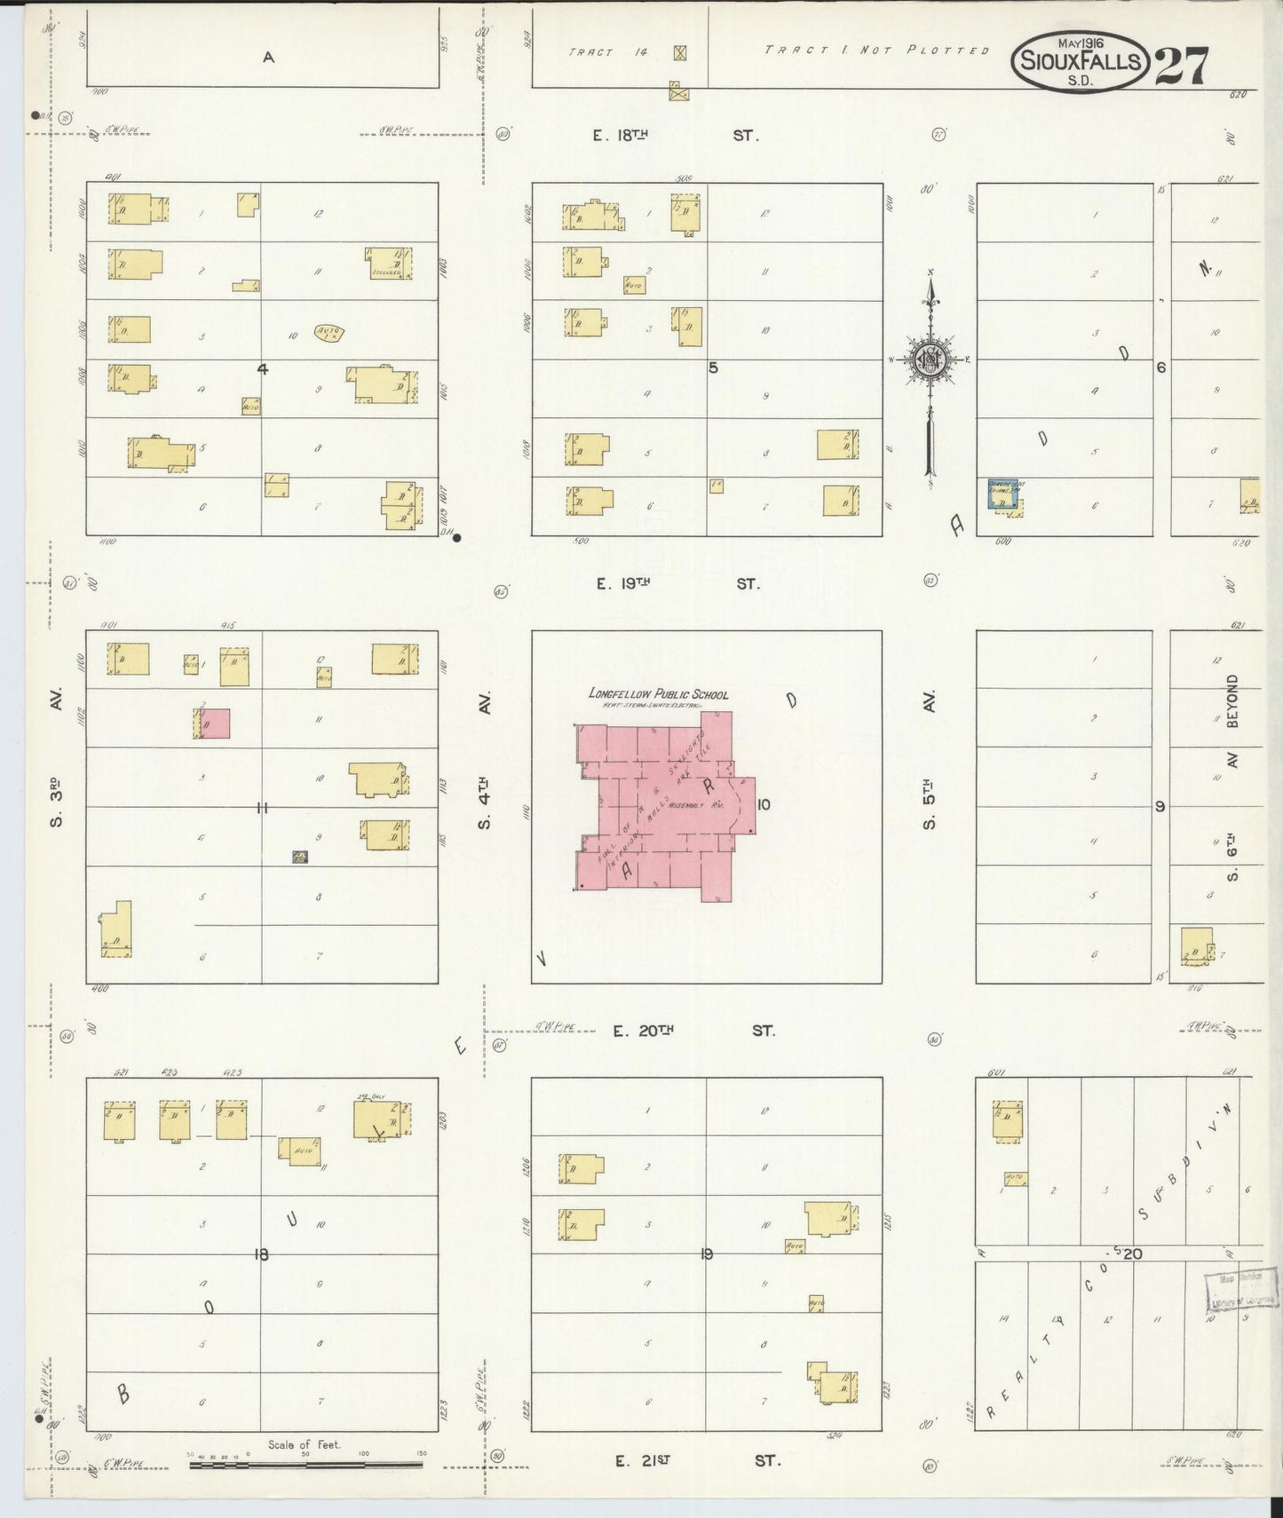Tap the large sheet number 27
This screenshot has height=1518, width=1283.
pyautogui.click(x=1180, y=66)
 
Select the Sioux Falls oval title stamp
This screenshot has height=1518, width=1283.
pyautogui.click(x=1079, y=61)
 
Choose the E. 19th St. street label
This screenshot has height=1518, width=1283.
pyautogui.click(x=677, y=584)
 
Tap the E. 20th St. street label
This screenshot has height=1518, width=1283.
pyautogui.click(x=693, y=1031)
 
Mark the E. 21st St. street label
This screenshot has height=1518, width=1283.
pyautogui.click(x=697, y=1460)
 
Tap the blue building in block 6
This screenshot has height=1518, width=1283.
pyautogui.click(x=1002, y=494)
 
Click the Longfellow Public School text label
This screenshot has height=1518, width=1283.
pyautogui.click(x=658, y=694)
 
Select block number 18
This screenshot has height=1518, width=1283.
pyautogui.click(x=261, y=1253)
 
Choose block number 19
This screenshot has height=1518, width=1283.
pyautogui.click(x=707, y=1253)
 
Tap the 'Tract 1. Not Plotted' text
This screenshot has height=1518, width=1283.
pyautogui.click(x=876, y=51)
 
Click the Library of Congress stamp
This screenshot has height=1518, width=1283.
pyautogui.click(x=1240, y=1290)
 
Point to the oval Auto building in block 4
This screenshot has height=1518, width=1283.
pyautogui.click(x=329, y=333)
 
